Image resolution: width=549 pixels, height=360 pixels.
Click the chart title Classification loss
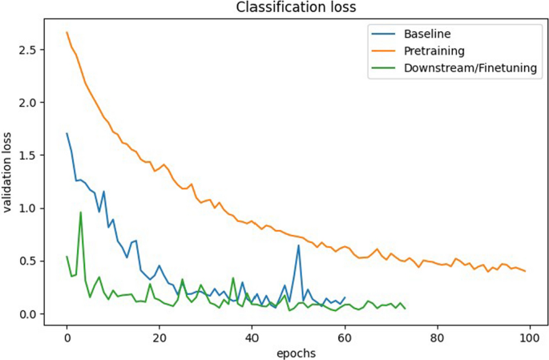(294, 8)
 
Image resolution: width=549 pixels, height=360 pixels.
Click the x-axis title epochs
(295, 352)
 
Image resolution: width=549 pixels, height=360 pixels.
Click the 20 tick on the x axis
(159, 335)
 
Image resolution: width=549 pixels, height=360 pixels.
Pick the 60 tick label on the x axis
(345, 335)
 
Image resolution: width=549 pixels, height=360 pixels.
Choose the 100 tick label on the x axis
(529, 335)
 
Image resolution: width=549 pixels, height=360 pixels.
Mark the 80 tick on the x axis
(437, 335)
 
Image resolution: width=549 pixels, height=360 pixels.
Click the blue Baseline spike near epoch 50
(298, 245)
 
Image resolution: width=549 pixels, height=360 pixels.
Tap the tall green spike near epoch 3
(80, 212)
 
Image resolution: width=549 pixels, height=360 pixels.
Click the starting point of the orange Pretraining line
(67, 32)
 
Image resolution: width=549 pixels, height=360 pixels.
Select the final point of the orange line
(525, 271)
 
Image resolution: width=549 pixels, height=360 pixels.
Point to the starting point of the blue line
(67, 134)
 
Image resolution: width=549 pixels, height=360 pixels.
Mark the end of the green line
(405, 309)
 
